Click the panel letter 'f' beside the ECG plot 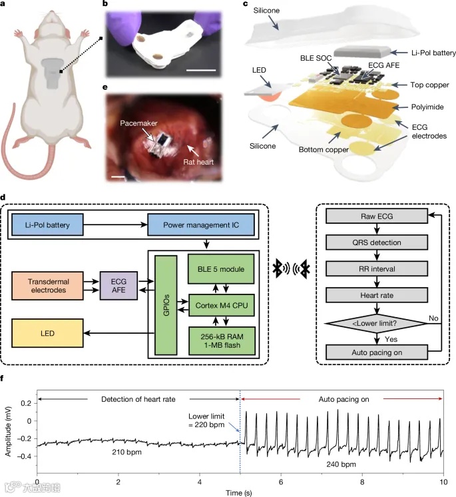pos(5,379)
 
